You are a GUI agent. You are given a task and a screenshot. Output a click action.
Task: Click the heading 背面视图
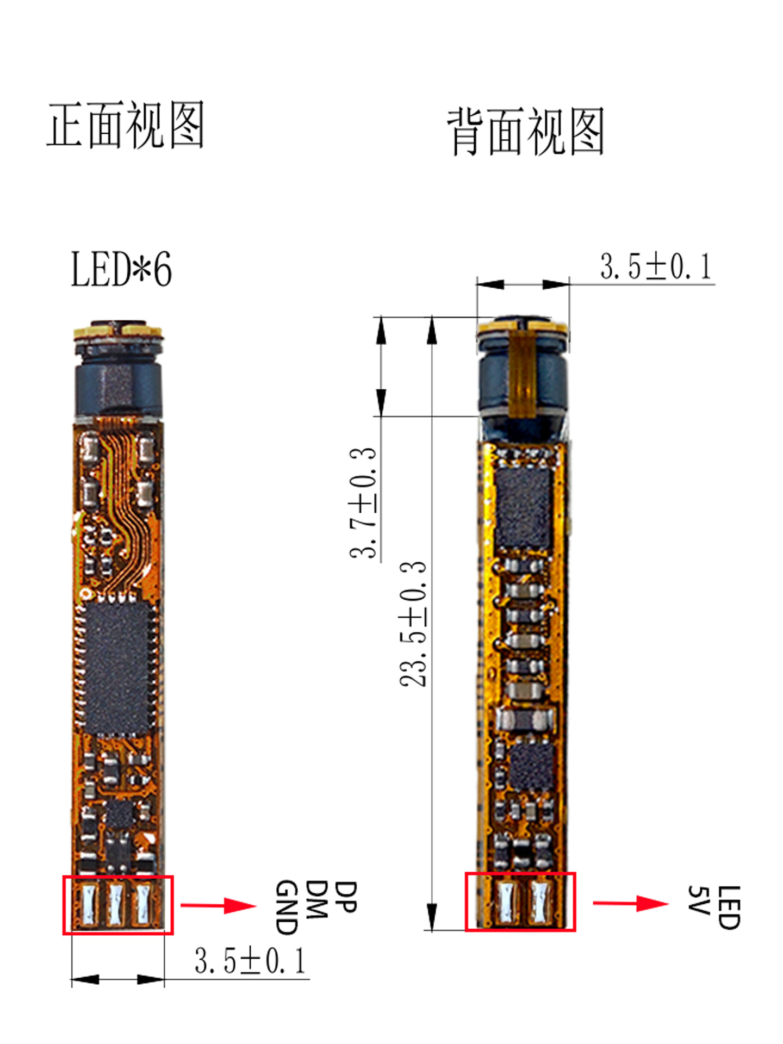[526, 132]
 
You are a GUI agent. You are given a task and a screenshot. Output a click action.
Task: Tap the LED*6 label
[121, 269]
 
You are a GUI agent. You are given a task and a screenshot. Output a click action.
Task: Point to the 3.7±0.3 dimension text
[363, 502]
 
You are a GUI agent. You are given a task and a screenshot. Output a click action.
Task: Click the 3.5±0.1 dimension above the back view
[656, 266]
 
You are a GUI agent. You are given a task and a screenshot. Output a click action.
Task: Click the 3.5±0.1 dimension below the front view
[251, 960]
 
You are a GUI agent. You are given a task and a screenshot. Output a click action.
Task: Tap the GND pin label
[287, 908]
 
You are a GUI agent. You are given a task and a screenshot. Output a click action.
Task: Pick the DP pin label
[345, 897]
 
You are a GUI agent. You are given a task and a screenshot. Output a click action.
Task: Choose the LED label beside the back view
[729, 908]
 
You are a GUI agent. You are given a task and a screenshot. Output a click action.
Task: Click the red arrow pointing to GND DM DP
[219, 905]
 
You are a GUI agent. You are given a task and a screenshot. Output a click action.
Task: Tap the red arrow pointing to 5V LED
[631, 903]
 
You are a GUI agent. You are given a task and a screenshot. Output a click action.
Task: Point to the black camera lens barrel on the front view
[118, 388]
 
